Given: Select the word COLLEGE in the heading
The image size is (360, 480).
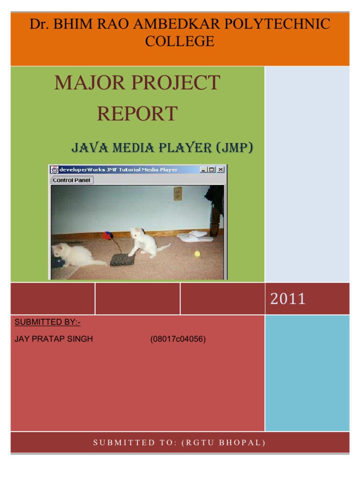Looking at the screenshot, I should tap(180, 41).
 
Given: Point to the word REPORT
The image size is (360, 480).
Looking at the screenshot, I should tap(137, 113).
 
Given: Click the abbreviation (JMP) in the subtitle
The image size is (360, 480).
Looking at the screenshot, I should tap(234, 148).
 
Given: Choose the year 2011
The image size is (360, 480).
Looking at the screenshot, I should tap(287, 299).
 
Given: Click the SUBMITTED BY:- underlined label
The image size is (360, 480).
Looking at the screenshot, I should tap(47, 322).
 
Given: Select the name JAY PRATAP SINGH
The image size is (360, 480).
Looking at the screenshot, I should tap(54, 339).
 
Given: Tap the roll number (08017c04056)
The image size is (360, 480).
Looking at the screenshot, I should tap(178, 339).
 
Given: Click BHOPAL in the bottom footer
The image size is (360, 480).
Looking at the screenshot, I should tap(245, 442).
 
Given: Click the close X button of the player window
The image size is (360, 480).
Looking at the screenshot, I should tap(220, 170).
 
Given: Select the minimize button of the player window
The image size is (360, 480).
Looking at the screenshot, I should tap(204, 170).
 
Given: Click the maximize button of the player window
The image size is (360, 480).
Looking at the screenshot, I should tap(212, 170).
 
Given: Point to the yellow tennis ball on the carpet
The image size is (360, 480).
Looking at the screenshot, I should tap(197, 254).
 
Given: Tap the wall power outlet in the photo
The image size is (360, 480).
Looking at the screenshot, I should tap(178, 193).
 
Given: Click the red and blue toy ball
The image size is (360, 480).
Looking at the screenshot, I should tap(108, 235).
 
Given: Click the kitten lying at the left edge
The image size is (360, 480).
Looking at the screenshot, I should tap(75, 255).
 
